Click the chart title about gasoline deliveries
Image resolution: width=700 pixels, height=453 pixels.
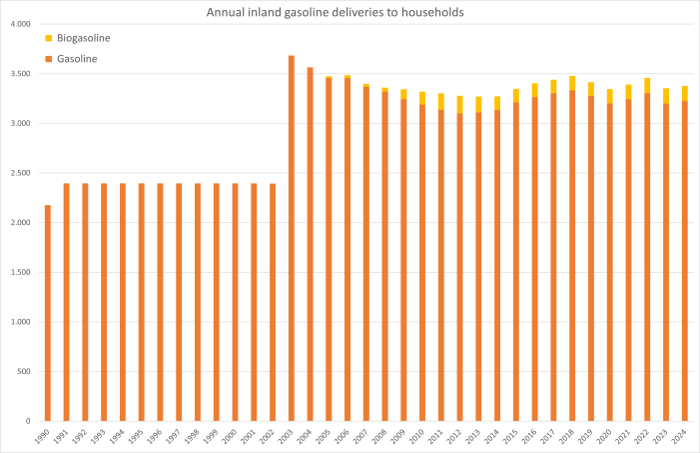pos(350,12)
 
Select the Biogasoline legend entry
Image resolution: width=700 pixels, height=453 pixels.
pos(83,38)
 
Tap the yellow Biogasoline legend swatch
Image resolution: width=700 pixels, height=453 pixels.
pos(49,38)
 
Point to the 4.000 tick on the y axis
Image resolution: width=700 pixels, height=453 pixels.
pos(20,23)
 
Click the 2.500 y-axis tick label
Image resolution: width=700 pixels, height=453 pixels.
pos(20,173)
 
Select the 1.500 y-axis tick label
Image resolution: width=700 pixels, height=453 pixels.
pos(20,272)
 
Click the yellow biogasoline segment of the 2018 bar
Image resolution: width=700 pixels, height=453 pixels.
pos(572,83)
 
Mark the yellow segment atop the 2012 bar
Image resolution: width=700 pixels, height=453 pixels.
pos(460,104)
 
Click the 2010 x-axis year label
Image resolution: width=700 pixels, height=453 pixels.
pos(421,436)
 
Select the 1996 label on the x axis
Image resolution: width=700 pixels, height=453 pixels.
pos(160,436)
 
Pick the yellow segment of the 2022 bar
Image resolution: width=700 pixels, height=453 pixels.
pos(647,85)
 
